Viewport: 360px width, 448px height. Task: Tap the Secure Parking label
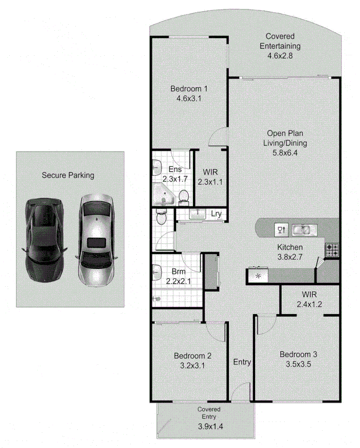[68, 175]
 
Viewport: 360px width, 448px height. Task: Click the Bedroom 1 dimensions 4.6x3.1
[188, 98]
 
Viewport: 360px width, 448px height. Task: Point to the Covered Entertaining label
[280, 41]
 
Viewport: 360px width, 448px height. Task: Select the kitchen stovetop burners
[332, 250]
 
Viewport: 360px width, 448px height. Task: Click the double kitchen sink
[305, 229]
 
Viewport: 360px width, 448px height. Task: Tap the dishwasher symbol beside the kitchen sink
[281, 229]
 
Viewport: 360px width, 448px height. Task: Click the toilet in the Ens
[184, 197]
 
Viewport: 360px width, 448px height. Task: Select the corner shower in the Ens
[163, 194]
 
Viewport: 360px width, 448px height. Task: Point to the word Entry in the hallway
[242, 362]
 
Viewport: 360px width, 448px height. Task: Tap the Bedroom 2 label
[193, 356]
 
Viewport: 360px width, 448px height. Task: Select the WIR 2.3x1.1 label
[209, 177]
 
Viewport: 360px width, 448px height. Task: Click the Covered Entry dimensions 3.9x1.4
[208, 425]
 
